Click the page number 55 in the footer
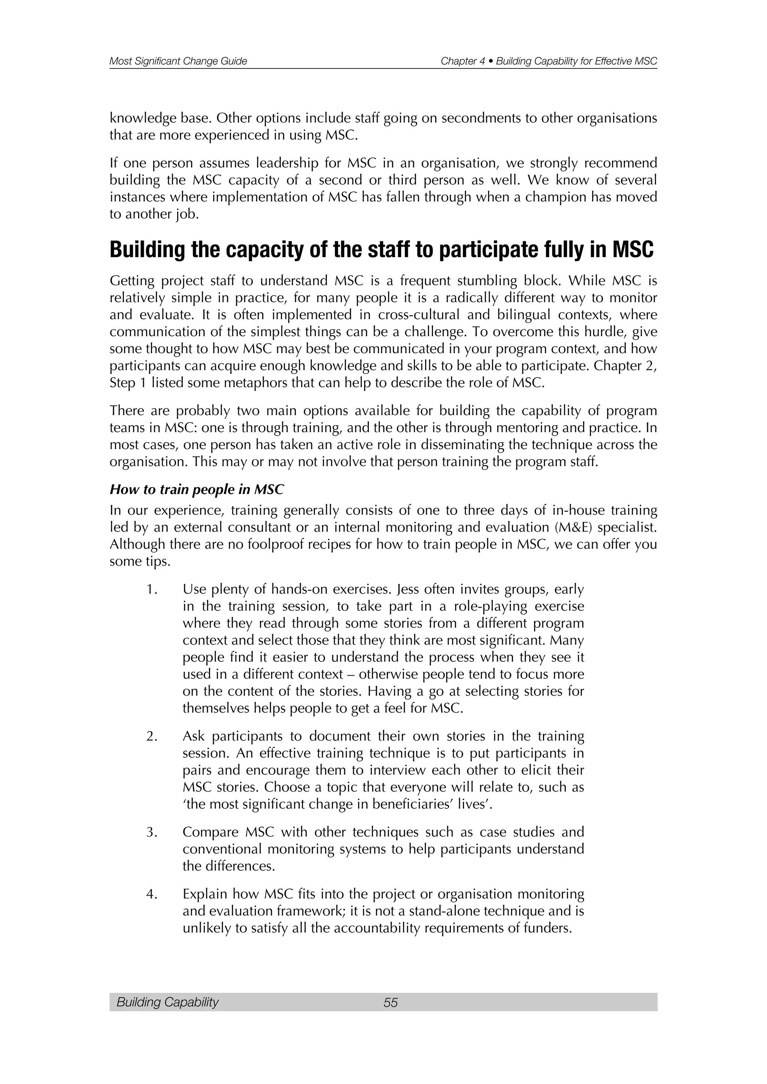click(x=391, y=1002)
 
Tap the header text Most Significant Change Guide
click(x=178, y=61)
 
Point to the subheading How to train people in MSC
click(x=197, y=490)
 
